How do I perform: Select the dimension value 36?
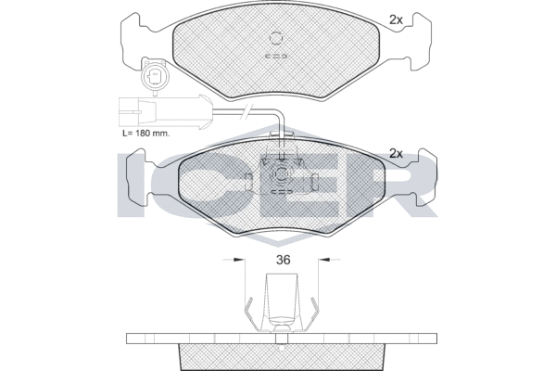tap(282, 261)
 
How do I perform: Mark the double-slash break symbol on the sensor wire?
tap(245, 113)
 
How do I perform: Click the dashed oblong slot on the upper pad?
tap(277, 55)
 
